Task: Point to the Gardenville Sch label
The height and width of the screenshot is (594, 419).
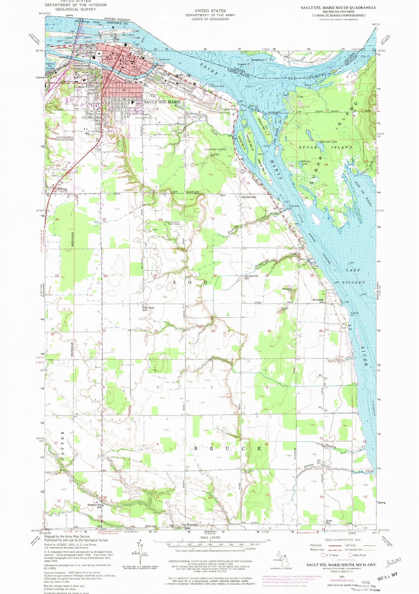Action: click(x=251, y=277)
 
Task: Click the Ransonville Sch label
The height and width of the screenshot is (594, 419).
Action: click(x=94, y=506)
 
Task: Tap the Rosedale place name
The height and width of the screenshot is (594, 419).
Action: click(x=193, y=525)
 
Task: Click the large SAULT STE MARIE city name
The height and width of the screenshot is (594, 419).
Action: click(x=162, y=102)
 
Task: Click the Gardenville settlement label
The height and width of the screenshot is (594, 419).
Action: click(x=249, y=197)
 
